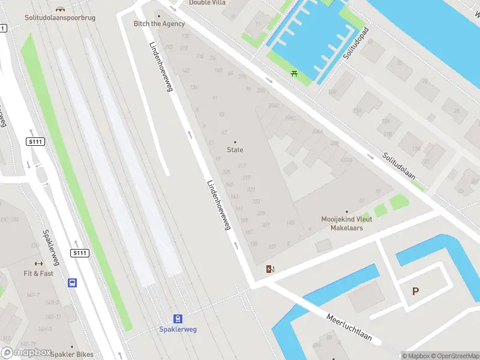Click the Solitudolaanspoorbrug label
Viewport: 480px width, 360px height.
coord(61,19)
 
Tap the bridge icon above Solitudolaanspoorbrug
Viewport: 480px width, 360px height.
coord(61,8)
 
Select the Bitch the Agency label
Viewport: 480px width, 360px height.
coord(159,23)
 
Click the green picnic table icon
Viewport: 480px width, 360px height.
coord(294,73)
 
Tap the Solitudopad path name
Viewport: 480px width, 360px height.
coord(355,43)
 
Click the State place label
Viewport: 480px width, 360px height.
coord(235,149)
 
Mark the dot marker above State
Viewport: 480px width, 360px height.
coord(235,142)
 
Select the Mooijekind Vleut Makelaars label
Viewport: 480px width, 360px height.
coord(346,223)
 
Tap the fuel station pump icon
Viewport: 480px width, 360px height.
coord(271,269)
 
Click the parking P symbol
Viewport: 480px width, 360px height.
coord(415,292)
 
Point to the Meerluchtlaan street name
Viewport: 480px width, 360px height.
coord(353,328)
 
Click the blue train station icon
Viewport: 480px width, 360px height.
coord(178,319)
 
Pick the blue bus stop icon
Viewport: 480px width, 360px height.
coord(73,283)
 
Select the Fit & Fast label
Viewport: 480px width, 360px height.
coord(38,274)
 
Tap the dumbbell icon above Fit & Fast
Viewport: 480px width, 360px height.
coord(38,264)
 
